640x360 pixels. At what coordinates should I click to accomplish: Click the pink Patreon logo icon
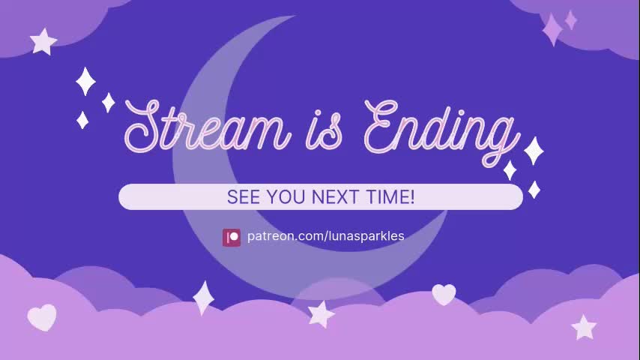coord(232,237)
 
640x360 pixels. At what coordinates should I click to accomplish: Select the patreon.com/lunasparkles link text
coord(326,236)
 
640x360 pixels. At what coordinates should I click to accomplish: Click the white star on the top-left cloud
coord(43,41)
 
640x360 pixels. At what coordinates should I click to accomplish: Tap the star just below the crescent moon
coord(321,313)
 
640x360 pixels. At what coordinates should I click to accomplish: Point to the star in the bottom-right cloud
coord(583,327)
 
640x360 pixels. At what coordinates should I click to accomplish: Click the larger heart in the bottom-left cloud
coord(42,317)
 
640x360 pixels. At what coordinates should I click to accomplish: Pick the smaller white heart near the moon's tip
coord(444,294)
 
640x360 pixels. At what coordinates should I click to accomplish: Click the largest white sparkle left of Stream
coord(85,82)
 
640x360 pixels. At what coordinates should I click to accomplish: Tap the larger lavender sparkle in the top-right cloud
coord(552,29)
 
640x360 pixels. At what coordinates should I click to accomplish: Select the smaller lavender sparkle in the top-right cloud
coord(571,19)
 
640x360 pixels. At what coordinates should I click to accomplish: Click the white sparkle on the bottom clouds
coord(203,298)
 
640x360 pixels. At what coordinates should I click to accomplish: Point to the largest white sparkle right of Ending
coord(533,151)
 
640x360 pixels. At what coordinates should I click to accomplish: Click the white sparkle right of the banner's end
coord(534,189)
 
